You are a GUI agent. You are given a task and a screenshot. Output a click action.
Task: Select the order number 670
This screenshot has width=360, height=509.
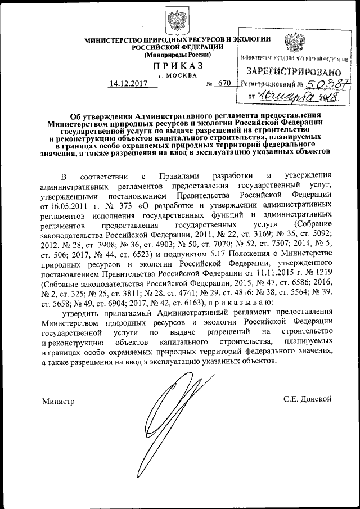(224, 84)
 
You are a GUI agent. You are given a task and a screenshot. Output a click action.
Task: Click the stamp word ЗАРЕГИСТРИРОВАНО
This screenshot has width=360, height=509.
(294, 72)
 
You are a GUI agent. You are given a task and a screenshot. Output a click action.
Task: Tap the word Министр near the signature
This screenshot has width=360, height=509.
(58, 400)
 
